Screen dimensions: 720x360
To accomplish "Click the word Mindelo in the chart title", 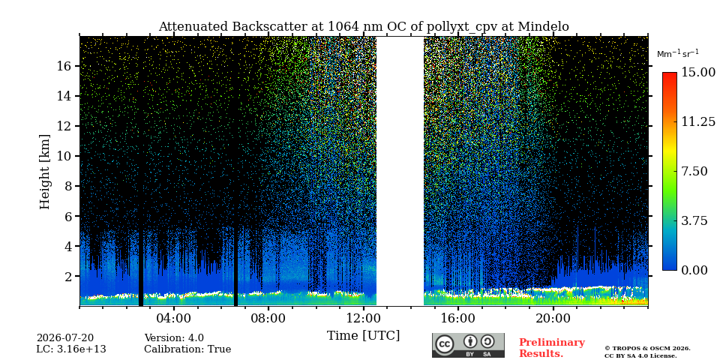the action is (543, 27).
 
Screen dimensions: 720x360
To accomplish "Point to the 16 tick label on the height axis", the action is (64, 66).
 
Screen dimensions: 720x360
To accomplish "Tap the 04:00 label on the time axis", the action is (173, 318).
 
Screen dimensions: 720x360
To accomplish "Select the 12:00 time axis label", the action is (363, 318).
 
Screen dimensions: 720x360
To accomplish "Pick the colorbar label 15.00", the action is (698, 72).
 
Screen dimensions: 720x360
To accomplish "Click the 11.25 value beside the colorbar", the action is (698, 121).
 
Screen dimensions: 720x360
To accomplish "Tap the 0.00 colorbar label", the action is (694, 271).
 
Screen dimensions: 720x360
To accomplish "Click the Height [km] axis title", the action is (44, 172).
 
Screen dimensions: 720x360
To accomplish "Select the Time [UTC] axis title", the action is (363, 336).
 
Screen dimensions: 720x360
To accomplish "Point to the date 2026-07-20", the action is (64, 338).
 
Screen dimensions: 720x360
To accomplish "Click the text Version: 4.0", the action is (174, 338).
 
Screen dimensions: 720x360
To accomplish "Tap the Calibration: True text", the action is (187, 349).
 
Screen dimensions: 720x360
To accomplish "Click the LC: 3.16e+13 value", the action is (71, 349).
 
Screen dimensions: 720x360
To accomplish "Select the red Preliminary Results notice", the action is (552, 348).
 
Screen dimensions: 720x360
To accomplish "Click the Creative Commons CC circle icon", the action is (445, 344).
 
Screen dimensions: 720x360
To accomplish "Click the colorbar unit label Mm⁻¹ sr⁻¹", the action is (678, 54).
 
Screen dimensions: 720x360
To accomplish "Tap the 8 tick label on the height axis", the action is (68, 186).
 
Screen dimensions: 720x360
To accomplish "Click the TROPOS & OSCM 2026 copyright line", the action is (647, 349).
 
